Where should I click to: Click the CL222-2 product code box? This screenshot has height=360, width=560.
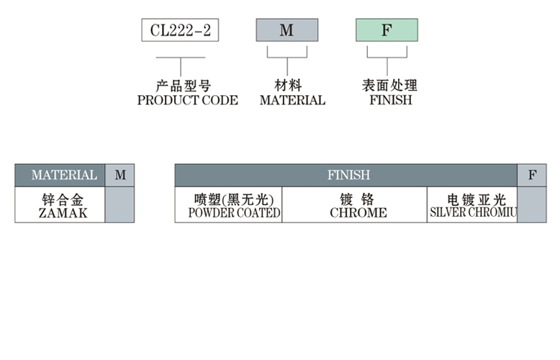[x=180, y=30]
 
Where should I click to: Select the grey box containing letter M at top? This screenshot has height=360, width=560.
[x=286, y=30]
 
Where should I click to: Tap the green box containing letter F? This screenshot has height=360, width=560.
[x=387, y=30]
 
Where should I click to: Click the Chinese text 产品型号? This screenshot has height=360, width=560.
[x=184, y=86]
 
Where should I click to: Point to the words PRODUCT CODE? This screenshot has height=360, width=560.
[x=187, y=100]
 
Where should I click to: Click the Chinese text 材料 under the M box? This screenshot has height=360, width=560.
[x=288, y=86]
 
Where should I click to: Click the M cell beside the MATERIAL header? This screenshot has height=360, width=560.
[x=119, y=175]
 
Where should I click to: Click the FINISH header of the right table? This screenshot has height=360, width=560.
[x=348, y=175]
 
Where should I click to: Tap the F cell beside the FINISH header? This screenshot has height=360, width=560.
[x=532, y=175]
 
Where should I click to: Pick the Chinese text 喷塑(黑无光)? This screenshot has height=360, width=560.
[x=228, y=199]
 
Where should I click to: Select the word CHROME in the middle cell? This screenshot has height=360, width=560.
[x=358, y=213]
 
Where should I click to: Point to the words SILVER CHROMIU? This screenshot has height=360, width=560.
[x=473, y=213]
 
